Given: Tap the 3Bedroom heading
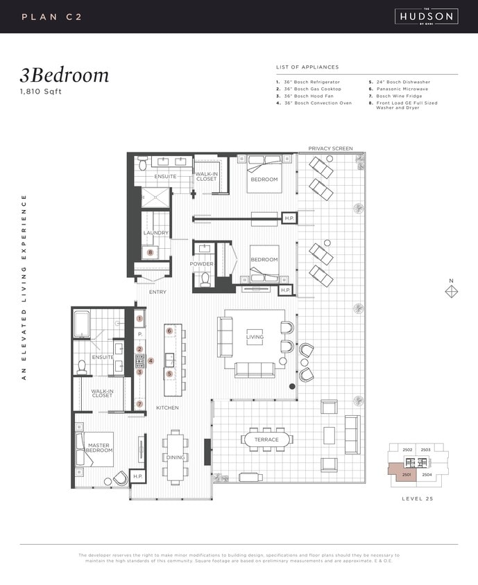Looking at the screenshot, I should point(64,75).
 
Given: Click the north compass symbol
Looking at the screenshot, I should point(451,291).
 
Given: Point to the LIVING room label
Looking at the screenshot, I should point(255,338).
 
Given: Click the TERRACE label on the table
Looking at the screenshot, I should point(266,439).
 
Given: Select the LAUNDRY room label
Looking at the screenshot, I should point(156,233).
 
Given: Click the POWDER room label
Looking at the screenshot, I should point(202,264).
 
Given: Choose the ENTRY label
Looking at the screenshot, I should point(157,292).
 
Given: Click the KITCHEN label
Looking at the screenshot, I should point(167,408).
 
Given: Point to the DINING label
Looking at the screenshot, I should point(175,457).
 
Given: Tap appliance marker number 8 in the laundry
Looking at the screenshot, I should point(150,253).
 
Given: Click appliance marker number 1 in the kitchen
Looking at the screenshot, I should point(139,319).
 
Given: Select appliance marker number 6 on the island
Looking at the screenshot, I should point(169,331).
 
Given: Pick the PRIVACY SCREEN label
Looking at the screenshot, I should point(330,148).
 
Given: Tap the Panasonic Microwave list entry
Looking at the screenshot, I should point(401,89).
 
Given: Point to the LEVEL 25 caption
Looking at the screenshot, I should point(418,499).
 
